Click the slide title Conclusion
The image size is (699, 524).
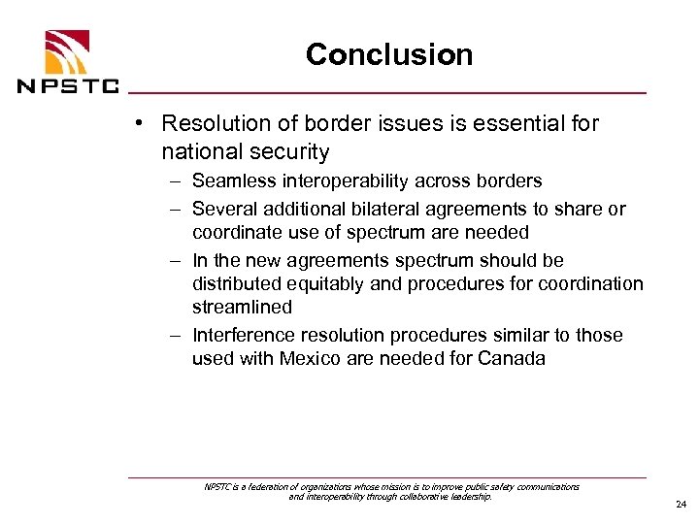tap(389, 54)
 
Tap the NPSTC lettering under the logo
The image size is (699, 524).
tap(68, 85)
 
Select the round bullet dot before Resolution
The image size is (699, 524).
tap(142, 124)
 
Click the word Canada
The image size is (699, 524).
tap(514, 358)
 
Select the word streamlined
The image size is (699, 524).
tap(242, 307)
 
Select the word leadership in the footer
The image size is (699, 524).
tap(468, 496)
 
